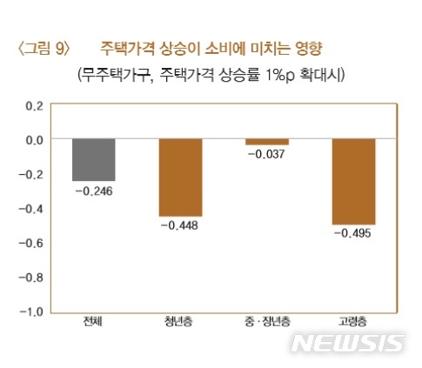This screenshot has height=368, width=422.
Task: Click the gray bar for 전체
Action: tap(94, 160)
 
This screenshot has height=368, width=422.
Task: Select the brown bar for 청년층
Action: tap(180, 177)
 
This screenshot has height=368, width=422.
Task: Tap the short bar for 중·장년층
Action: tap(266, 142)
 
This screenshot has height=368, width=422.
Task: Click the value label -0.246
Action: tap(94, 190)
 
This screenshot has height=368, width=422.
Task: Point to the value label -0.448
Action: tap(180, 225)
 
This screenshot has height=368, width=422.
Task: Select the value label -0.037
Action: tap(266, 154)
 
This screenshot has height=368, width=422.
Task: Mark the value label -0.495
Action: tap(352, 233)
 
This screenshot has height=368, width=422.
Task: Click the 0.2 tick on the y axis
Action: tap(34, 105)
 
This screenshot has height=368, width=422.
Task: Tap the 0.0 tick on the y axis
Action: tap(34, 139)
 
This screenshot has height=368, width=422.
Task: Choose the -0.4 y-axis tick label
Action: tap(31, 209)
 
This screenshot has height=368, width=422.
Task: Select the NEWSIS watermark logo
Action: tap(347, 342)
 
